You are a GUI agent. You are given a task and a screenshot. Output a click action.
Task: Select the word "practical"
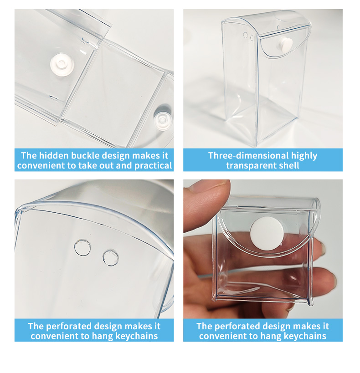point(153,166)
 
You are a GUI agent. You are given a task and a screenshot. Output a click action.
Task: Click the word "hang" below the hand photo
point(271,337)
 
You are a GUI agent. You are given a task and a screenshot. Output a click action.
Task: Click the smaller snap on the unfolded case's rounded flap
point(163,119)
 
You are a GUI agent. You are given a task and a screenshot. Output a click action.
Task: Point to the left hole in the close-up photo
point(82,247)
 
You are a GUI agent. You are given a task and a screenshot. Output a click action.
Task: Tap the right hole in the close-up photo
point(111,257)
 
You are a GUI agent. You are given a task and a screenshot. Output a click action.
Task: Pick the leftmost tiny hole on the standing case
point(246,35)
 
